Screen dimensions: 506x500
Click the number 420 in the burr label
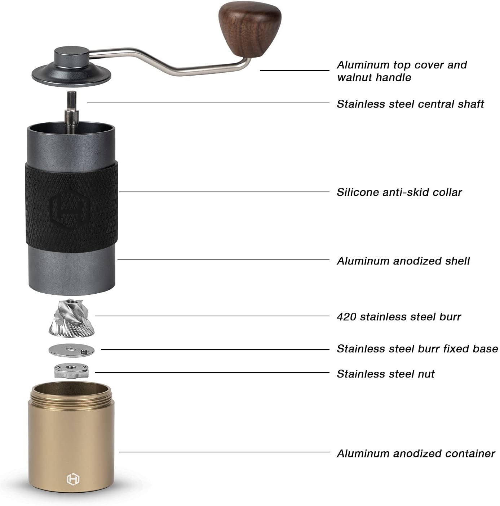coord(346,317)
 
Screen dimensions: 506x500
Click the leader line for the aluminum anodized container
coord(224,452)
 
